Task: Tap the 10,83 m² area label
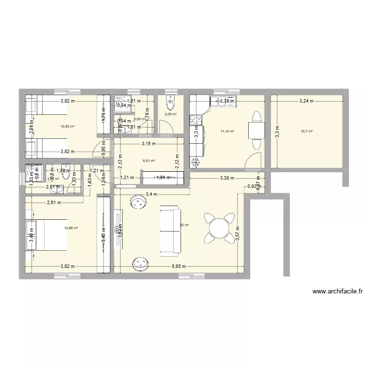[x=68, y=126]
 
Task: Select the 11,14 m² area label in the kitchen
[x=228, y=131]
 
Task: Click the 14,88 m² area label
[x=71, y=228]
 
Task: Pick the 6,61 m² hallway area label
[x=149, y=160]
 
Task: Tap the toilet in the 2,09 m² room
[x=170, y=102]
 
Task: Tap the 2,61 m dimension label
[x=54, y=202]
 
